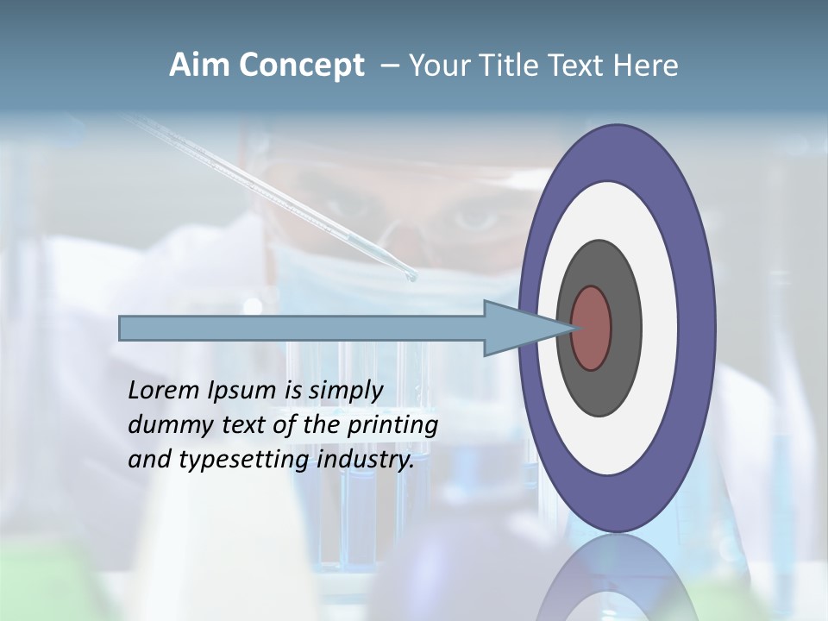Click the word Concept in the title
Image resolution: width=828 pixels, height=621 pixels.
(x=301, y=66)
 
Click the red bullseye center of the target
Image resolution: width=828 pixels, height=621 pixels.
(x=592, y=328)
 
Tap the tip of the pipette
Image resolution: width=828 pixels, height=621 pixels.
(x=411, y=277)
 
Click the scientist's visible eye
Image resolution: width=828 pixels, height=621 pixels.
(x=475, y=216)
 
